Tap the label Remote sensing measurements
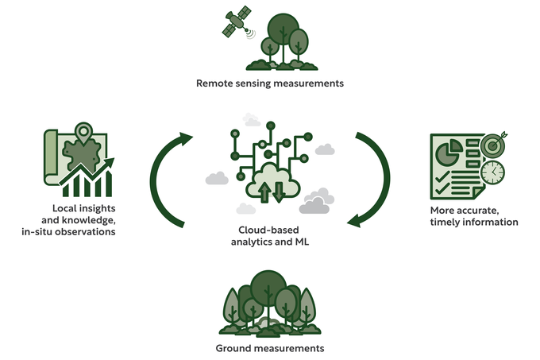[x=270, y=83]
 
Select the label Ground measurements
[x=270, y=349]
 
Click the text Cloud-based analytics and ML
[x=268, y=234]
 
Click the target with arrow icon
[x=491, y=143]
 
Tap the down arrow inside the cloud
[x=279, y=191]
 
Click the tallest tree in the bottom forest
[x=268, y=294]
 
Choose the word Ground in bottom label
[x=234, y=349]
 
